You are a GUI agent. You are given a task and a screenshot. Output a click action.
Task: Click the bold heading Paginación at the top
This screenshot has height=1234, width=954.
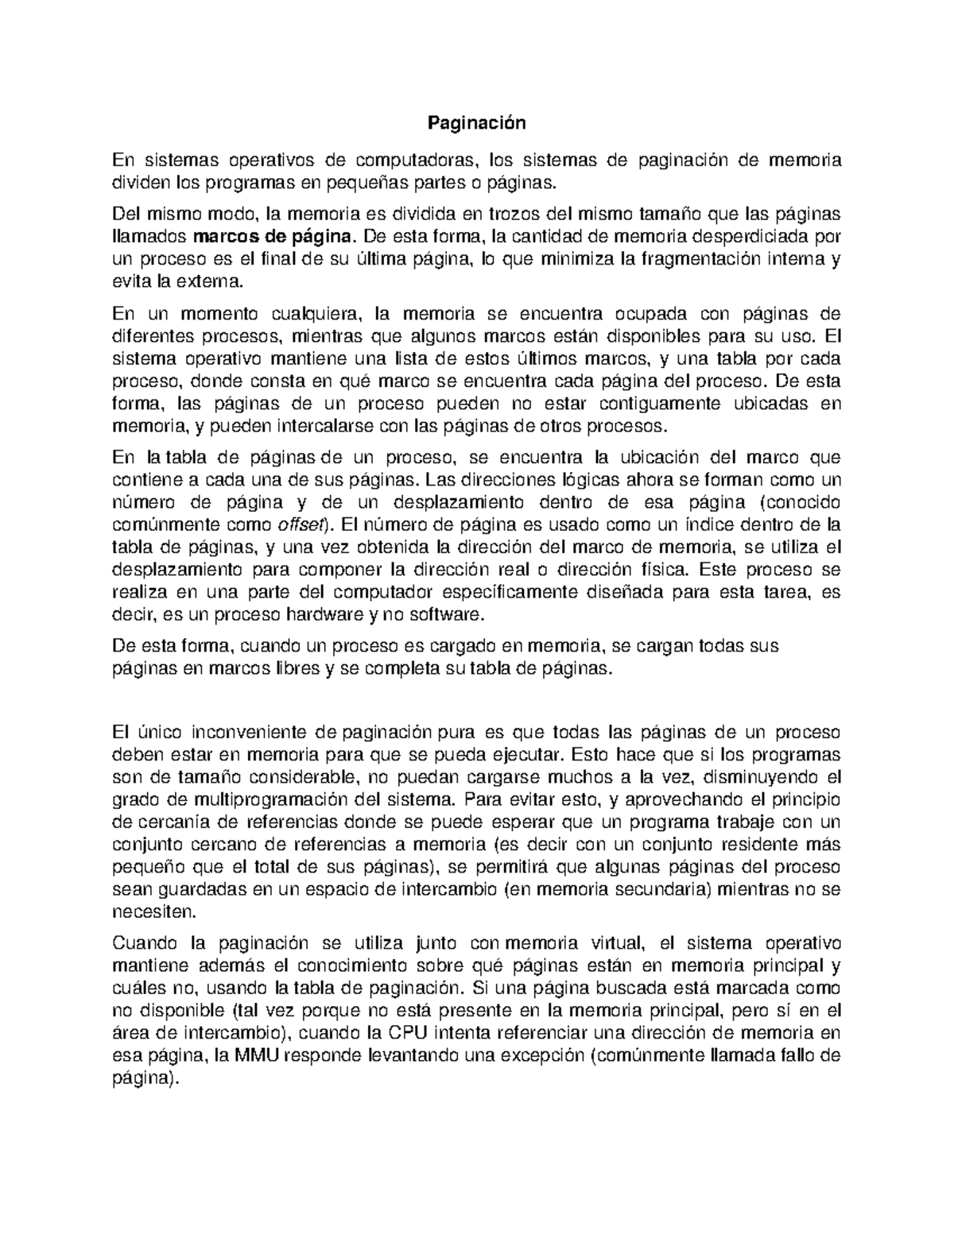[477, 123]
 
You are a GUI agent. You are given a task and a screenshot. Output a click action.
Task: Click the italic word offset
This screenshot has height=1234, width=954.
[299, 525]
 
